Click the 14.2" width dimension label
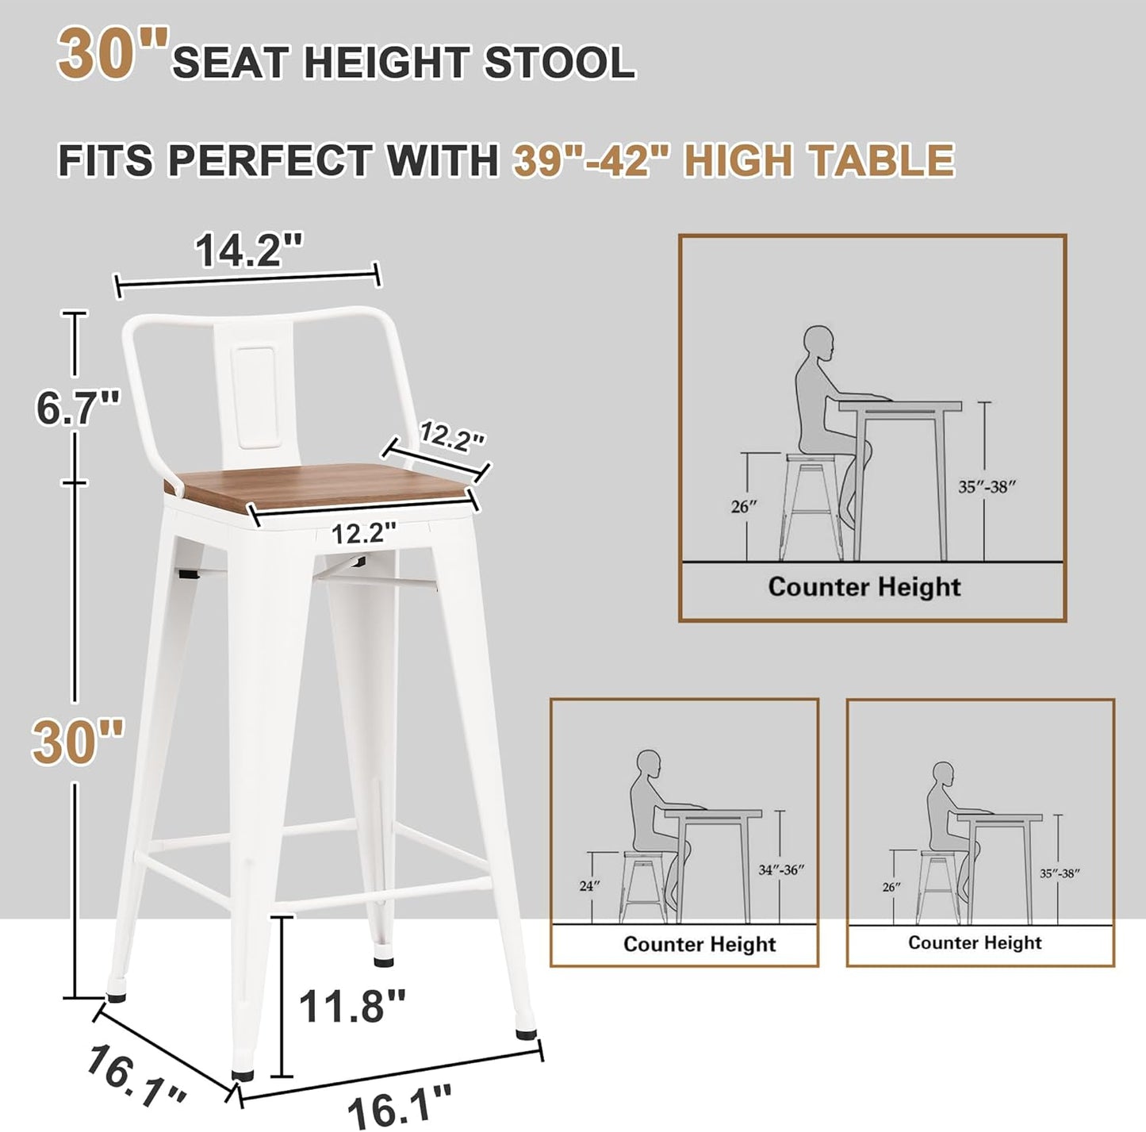click(x=250, y=252)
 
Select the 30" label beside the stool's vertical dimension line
click(x=77, y=741)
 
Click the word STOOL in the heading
click(x=558, y=62)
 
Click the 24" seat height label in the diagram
click(x=586, y=886)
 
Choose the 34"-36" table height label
click(x=781, y=869)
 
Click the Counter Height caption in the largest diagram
click(x=864, y=587)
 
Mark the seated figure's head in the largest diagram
click(x=821, y=345)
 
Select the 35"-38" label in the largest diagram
click(x=986, y=487)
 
